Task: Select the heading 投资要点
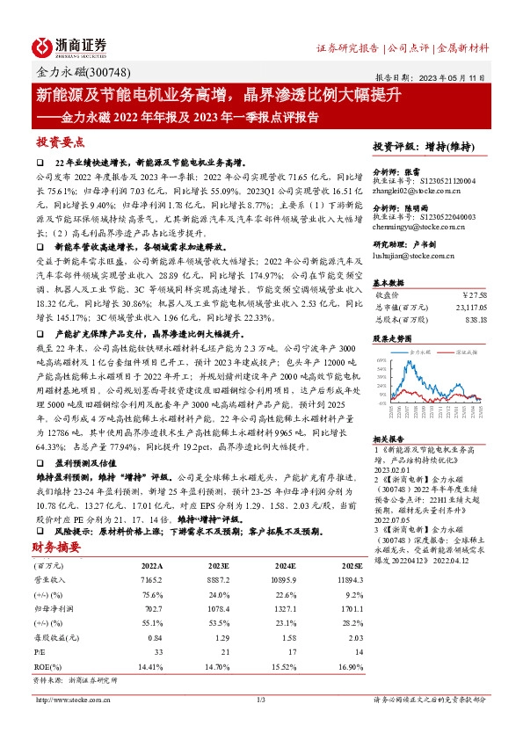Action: tap(61, 142)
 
